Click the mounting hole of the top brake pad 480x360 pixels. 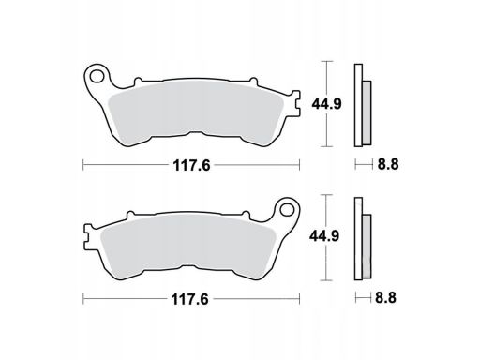97,76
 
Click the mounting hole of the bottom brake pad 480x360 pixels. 287,210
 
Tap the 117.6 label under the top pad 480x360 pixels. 191,165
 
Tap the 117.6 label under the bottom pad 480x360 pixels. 189,300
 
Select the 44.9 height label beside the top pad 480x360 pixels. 326,104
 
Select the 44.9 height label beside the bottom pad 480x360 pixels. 324,236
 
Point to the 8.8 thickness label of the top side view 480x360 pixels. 388,164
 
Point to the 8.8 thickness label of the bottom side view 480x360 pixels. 386,297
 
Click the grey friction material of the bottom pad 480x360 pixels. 187,245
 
